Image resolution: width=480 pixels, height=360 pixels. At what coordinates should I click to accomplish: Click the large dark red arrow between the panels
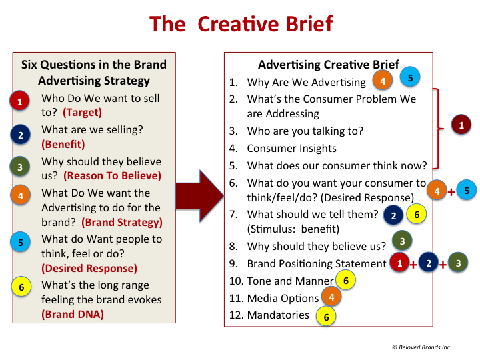click(199, 196)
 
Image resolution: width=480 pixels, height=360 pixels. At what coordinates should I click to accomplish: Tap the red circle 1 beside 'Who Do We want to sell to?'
click(19, 101)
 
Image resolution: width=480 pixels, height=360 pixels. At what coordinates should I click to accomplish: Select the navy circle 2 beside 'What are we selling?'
click(21, 135)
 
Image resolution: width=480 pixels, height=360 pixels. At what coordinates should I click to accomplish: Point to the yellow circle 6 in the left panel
click(21, 287)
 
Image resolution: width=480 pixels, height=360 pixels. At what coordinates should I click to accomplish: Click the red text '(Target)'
click(83, 113)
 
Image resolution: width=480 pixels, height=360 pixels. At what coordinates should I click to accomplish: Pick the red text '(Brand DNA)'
click(73, 315)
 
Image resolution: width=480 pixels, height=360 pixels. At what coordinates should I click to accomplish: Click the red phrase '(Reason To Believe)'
click(113, 176)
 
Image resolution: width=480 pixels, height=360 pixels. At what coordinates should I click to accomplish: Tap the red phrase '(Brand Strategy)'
click(122, 222)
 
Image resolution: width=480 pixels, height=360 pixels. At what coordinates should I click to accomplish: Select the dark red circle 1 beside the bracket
click(461, 125)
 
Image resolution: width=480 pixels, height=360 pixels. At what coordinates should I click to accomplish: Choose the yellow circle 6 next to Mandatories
click(326, 317)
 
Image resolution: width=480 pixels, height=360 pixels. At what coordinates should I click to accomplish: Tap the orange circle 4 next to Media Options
click(331, 297)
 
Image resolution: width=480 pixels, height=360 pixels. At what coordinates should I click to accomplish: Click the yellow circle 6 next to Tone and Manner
click(345, 280)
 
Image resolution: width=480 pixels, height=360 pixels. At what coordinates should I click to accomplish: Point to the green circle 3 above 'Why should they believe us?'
click(402, 241)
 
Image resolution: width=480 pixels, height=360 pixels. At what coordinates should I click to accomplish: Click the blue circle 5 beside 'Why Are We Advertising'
click(410, 77)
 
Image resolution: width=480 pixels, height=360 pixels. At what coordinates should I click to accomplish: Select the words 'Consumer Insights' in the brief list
click(292, 149)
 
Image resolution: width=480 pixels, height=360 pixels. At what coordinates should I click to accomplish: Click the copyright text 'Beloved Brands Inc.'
click(425, 347)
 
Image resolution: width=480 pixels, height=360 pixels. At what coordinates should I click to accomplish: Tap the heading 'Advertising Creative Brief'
click(329, 65)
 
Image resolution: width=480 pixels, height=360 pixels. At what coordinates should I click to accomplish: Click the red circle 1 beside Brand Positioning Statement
click(399, 263)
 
